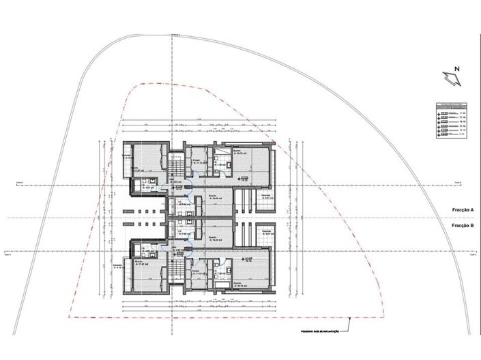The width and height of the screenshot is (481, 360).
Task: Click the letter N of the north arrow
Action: (x=458, y=70)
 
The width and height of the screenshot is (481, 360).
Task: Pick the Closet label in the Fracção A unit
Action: (x=196, y=162)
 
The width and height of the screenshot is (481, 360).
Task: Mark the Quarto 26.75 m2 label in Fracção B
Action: (x=243, y=284)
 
